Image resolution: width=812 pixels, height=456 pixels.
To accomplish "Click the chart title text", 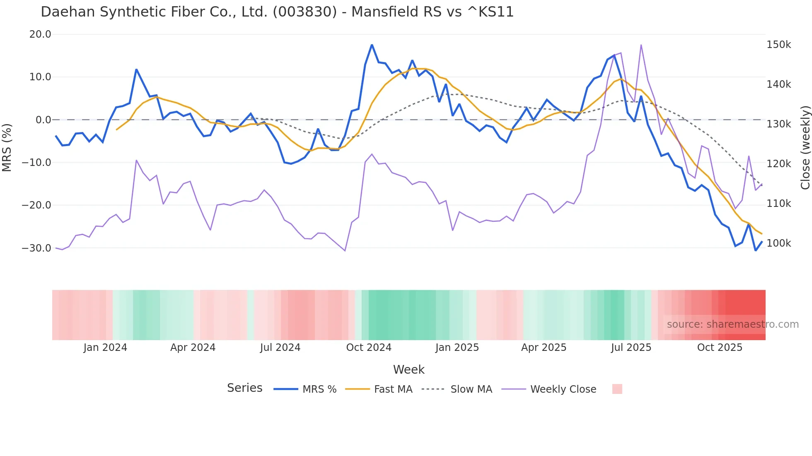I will [277, 12].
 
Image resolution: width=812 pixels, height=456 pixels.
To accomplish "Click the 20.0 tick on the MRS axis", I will [40, 34].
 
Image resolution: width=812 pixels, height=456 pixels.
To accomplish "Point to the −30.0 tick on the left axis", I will [36, 248].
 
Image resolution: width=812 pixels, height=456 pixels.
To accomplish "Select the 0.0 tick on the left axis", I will [43, 120].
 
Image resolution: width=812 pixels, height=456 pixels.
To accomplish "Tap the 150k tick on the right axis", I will [778, 45].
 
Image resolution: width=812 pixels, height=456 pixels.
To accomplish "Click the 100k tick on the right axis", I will [778, 243].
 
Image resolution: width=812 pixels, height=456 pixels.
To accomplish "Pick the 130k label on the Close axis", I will [778, 124].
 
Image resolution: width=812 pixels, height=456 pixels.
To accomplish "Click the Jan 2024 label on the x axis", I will [105, 348].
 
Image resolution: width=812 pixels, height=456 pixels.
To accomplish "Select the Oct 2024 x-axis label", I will [369, 348].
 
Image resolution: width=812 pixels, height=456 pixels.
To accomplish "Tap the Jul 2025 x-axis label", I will [631, 348].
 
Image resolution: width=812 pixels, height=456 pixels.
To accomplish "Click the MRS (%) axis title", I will [7, 147].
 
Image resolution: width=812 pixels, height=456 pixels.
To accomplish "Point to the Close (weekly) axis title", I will [805, 148].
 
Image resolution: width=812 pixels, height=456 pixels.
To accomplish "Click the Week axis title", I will [408, 370].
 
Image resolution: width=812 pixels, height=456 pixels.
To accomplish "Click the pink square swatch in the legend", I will [617, 389].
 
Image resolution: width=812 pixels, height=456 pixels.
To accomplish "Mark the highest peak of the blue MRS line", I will [372, 45].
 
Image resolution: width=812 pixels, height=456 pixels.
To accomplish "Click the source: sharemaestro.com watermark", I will [732, 324].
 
